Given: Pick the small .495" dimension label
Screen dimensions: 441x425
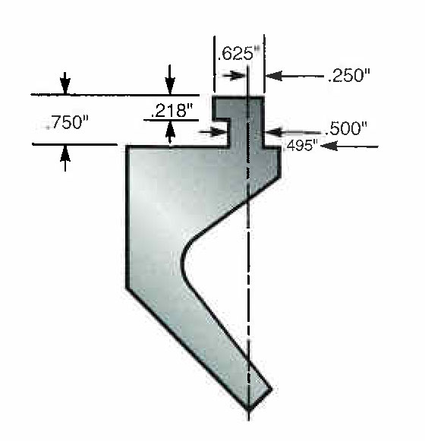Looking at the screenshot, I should pyautogui.click(x=300, y=146).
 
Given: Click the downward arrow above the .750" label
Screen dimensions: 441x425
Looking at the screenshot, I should pyautogui.click(x=66, y=85).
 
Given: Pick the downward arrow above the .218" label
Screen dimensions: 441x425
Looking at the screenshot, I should pyautogui.click(x=170, y=85).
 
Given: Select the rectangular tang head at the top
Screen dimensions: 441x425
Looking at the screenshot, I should pyautogui.click(x=238, y=106).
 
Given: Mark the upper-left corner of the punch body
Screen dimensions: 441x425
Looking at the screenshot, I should pyautogui.click(x=127, y=146).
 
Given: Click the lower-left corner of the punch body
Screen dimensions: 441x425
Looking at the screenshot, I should pyautogui.click(x=127, y=287).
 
